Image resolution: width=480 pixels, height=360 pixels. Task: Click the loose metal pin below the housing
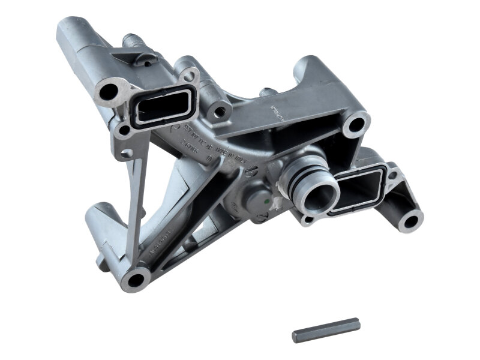[326, 330]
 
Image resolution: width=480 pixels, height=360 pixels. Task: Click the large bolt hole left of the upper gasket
[109, 92]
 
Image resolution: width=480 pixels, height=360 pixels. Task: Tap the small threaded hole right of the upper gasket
[220, 110]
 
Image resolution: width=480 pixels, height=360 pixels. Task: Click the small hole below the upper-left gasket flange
[124, 130]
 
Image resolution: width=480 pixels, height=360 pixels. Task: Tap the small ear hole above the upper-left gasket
[189, 76]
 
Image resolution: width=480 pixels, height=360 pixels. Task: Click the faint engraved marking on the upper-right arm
[271, 113]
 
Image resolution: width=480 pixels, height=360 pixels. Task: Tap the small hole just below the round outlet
[308, 220]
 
